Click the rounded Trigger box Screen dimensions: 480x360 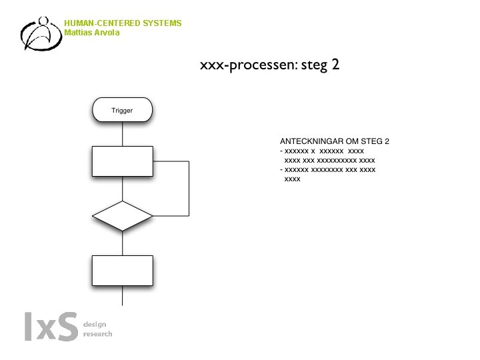[122, 110]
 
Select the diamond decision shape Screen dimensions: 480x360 [122, 215]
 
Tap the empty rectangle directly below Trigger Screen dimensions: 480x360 [122, 161]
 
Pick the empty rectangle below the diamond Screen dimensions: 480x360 [122, 270]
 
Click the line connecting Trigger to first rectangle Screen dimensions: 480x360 [122, 134]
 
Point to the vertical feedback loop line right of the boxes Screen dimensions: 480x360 [189, 188]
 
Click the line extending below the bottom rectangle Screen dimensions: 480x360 [122, 296]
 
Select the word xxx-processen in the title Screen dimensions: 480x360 [243, 66]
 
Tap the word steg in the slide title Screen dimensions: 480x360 [313, 67]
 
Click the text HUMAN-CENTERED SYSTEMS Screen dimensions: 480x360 [123, 23]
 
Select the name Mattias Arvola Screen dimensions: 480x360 [92, 32]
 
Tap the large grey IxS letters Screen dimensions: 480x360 [50, 327]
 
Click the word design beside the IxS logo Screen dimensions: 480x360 [94, 324]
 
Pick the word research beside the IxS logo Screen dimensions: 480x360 [97, 334]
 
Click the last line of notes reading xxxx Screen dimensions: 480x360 [292, 179]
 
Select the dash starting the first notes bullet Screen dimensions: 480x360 [281, 151]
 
